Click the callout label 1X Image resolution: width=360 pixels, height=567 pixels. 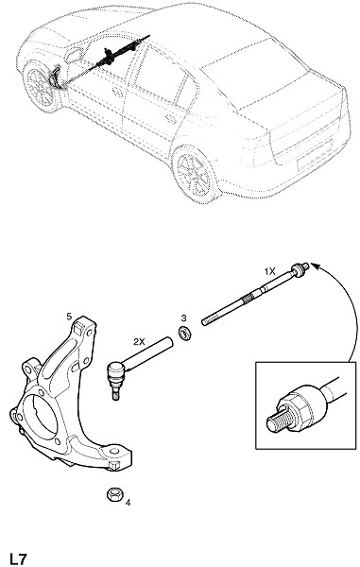point(269,271)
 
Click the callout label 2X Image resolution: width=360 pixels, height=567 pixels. point(139,342)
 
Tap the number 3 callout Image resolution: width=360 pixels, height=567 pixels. point(184,318)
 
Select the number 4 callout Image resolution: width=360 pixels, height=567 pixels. point(128,503)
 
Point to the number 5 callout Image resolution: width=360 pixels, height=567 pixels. point(69,317)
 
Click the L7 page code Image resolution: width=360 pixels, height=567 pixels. point(18,558)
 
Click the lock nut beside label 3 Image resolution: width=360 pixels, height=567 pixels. point(185,333)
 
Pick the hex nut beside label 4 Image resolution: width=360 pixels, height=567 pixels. point(115,494)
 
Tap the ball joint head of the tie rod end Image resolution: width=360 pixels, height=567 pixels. point(115,370)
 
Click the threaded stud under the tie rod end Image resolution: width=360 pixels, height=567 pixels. point(115,393)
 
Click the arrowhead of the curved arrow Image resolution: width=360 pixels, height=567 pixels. point(316,266)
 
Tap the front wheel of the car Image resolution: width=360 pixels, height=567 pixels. point(40,86)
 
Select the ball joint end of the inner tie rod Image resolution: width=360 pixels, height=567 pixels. point(299,269)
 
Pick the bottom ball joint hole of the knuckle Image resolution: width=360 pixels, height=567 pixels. point(114,451)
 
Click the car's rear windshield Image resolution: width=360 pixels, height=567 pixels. point(253,74)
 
